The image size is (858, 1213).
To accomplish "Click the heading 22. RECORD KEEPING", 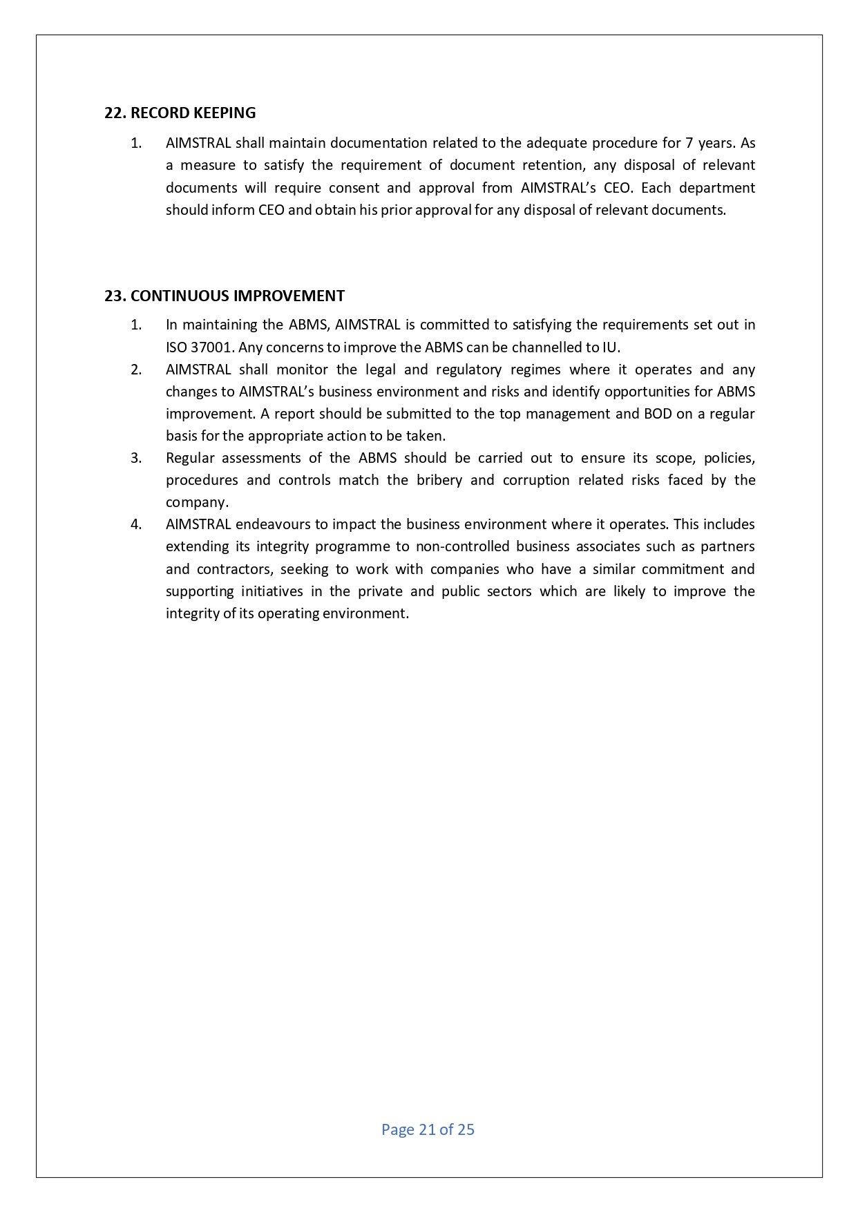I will pyautogui.click(x=180, y=113).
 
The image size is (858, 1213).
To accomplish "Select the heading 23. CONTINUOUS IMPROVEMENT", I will pyautogui.click(x=224, y=296).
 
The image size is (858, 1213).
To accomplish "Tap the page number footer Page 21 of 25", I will pyautogui.click(x=428, y=1129).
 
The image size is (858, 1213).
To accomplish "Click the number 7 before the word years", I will pyautogui.click(x=689, y=143).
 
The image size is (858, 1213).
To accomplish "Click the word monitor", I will pyautogui.click(x=301, y=370).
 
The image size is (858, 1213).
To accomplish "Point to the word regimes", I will pyautogui.click(x=535, y=370).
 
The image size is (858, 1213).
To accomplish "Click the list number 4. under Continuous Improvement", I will pyautogui.click(x=136, y=524).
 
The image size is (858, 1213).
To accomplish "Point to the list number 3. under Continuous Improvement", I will pyautogui.click(x=136, y=458).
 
